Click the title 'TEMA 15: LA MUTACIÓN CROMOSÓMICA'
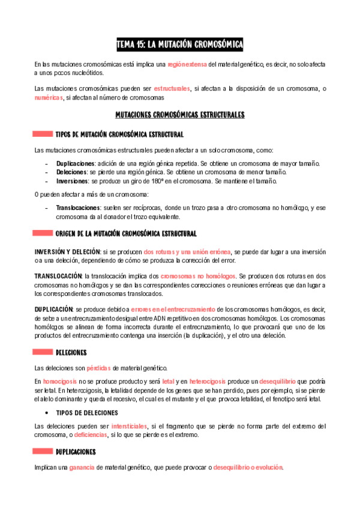click(180, 44)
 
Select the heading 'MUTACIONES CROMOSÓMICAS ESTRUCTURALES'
click(180, 114)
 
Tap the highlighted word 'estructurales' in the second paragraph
click(172, 89)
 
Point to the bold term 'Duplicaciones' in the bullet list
click(75, 163)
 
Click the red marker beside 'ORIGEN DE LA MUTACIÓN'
click(43, 233)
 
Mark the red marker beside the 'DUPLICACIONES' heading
click(43, 451)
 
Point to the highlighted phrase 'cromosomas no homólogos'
click(190, 275)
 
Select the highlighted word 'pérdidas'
click(98, 367)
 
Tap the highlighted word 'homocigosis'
click(59, 381)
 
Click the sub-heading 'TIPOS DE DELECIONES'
click(87, 413)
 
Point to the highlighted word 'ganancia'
click(82, 468)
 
